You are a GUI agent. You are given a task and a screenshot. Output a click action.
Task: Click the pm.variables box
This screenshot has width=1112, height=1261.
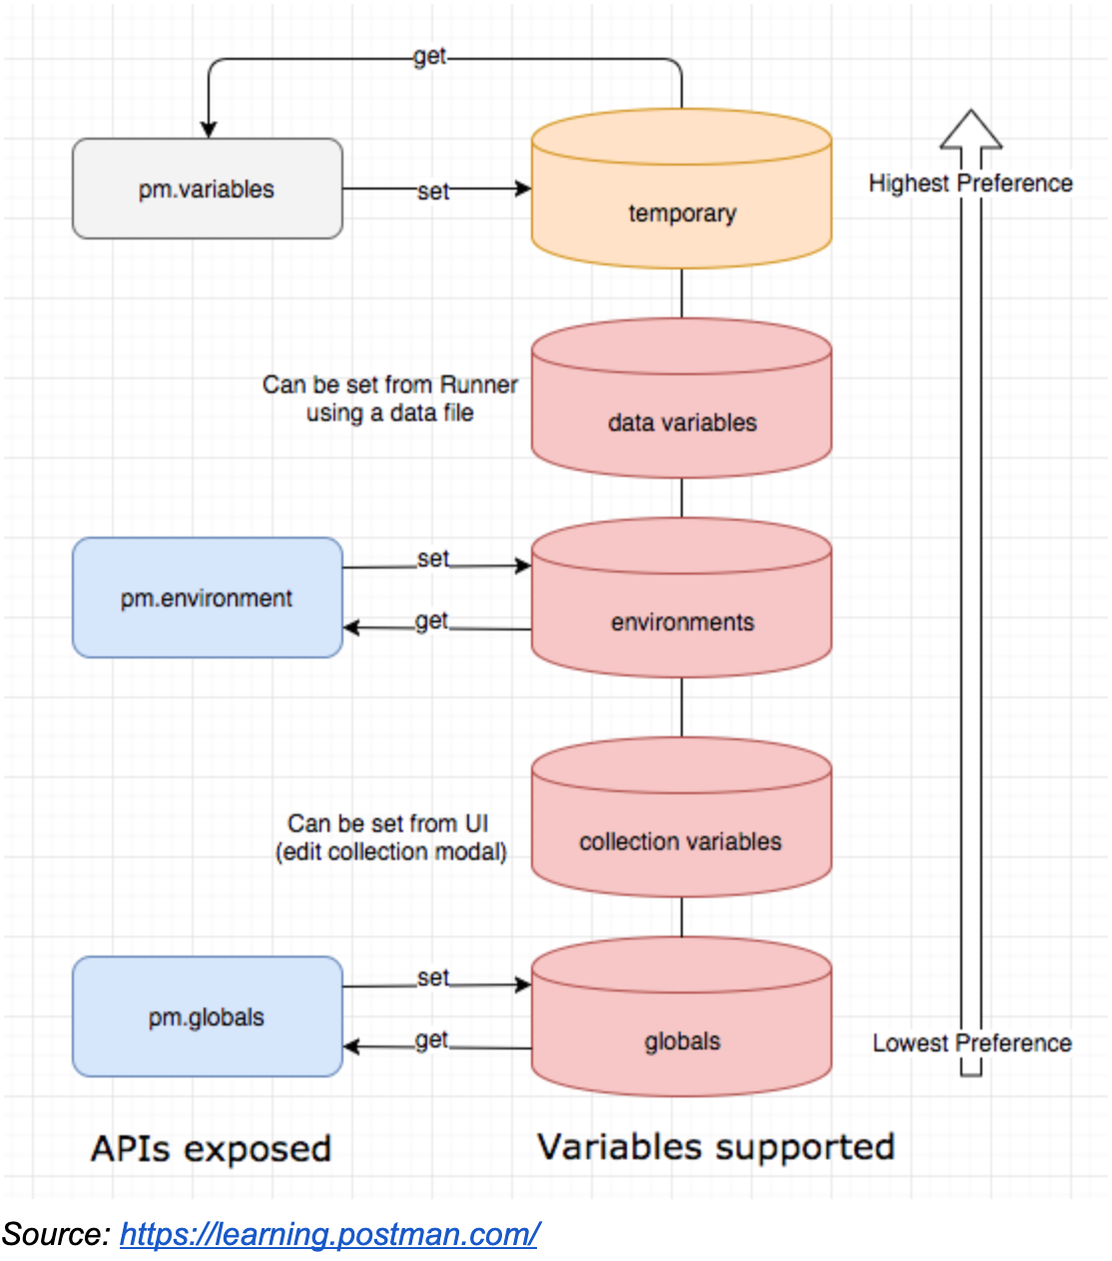207,189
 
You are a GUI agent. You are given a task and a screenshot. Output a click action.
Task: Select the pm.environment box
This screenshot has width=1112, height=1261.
207,598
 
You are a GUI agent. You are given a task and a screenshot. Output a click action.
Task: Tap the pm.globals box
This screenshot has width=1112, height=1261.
207,1017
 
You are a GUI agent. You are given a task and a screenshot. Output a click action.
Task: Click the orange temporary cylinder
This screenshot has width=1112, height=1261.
682,212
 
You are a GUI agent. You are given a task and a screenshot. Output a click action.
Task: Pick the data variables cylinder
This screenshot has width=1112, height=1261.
682,421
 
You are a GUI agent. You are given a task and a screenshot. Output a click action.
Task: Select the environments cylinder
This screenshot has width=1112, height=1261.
682,621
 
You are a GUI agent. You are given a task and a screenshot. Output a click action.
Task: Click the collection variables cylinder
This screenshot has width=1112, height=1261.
681,840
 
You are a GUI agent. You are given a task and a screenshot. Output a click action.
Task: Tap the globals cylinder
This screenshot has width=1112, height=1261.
682,1040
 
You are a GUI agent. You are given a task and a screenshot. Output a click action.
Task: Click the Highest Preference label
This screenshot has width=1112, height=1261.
970,184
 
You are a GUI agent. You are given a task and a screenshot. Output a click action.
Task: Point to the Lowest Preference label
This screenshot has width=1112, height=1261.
971,1043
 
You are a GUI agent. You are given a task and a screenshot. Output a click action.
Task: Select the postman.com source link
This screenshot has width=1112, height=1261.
329,1234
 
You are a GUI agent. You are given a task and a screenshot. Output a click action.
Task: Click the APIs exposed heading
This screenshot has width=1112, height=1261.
211,1148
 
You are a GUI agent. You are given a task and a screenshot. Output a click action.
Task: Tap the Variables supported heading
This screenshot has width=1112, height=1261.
715,1147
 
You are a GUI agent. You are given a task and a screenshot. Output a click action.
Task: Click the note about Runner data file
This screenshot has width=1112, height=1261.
389,398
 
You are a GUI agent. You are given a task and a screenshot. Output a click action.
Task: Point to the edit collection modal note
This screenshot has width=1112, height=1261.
390,837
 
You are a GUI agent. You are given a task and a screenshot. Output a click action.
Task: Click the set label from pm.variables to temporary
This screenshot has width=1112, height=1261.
432,191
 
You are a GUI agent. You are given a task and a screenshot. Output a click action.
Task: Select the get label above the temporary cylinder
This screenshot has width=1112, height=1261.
429,57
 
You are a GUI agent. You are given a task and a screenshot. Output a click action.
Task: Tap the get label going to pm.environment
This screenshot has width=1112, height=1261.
431,622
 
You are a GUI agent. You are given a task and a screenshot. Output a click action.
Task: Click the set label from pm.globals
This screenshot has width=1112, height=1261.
432,978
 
